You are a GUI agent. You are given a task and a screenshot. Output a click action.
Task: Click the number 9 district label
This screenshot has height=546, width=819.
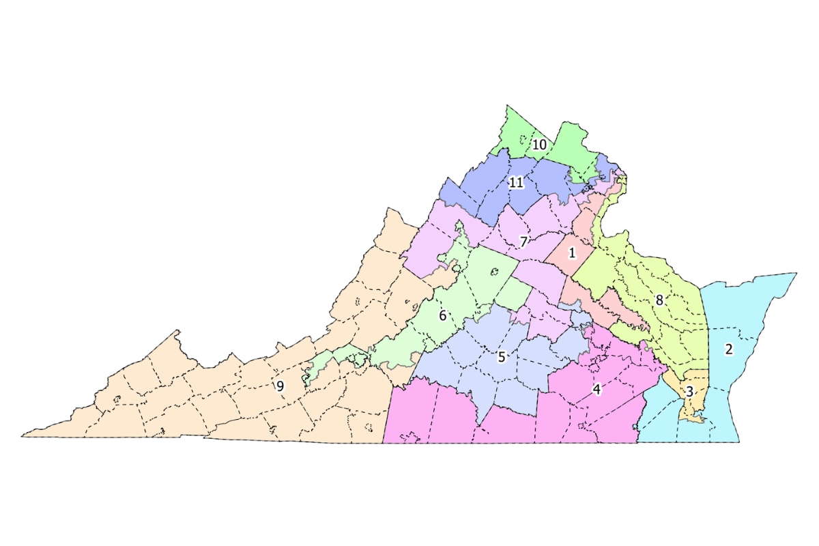[x=280, y=386]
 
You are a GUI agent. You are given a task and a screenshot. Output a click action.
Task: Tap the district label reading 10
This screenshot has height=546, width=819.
[x=539, y=145]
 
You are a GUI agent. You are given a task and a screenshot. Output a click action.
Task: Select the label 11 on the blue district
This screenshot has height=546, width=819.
[x=516, y=182]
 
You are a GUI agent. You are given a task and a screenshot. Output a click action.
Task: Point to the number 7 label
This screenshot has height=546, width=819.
[x=523, y=242]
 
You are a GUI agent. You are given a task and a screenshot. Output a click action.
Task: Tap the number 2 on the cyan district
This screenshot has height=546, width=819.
[x=728, y=349]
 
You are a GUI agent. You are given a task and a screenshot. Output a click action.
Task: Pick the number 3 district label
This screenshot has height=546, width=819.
[x=689, y=392]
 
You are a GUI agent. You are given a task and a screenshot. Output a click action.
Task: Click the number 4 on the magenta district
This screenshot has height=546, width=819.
[x=597, y=390]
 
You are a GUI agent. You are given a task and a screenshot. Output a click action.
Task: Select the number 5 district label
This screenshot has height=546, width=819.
[x=502, y=356]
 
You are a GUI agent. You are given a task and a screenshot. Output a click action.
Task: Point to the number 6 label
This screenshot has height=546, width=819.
[x=442, y=316]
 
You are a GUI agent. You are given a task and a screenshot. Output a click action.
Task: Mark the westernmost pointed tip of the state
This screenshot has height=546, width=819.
[x=22, y=436]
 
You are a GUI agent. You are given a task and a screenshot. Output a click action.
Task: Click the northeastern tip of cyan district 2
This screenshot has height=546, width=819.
[x=796, y=274]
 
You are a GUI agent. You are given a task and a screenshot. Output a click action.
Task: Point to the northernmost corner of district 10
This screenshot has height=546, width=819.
[x=507, y=106]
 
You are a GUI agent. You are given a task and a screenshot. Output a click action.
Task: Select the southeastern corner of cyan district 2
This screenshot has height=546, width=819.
[x=738, y=442]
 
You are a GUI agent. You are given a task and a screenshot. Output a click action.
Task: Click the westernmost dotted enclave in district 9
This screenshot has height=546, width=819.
[x=115, y=399]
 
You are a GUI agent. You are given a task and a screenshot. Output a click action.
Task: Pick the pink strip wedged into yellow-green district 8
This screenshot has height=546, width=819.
[x=618, y=307]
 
